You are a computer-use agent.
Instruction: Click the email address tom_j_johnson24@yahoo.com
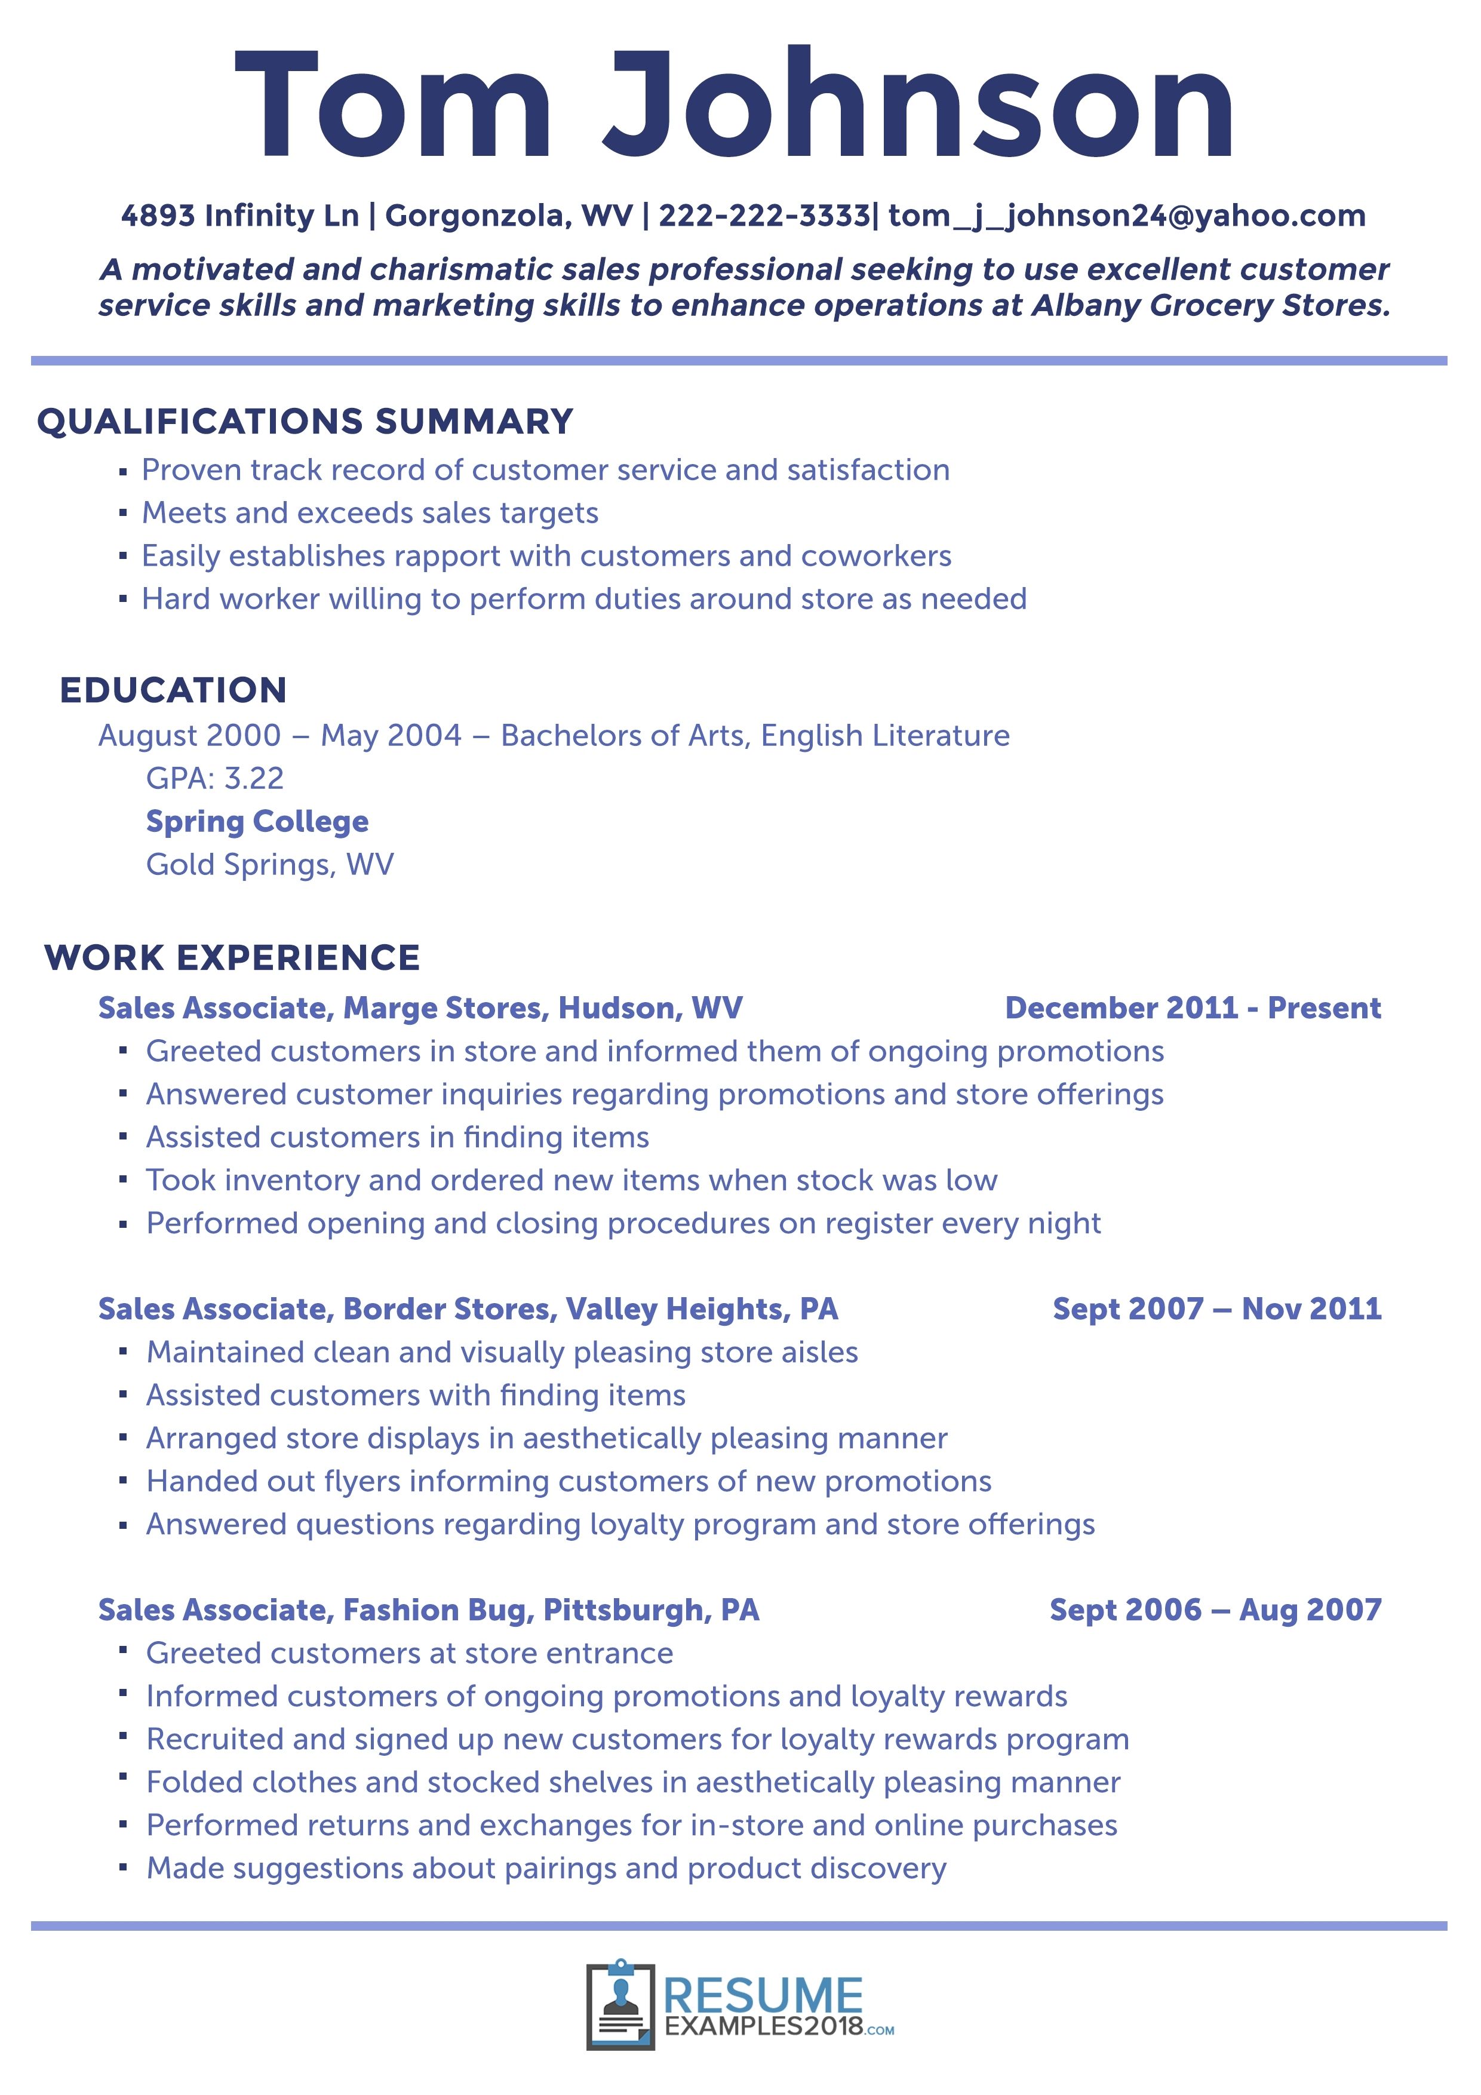[1126, 216]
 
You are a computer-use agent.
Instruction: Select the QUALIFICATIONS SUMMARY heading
[305, 422]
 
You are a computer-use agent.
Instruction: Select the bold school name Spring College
[257, 821]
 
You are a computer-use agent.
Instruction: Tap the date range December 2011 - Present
[1193, 1007]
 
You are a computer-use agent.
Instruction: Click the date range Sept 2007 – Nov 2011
[1216, 1308]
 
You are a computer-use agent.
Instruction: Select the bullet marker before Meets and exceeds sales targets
[123, 514]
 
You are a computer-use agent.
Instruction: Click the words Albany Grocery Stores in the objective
[1211, 305]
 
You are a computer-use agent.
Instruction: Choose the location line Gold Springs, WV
[270, 864]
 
